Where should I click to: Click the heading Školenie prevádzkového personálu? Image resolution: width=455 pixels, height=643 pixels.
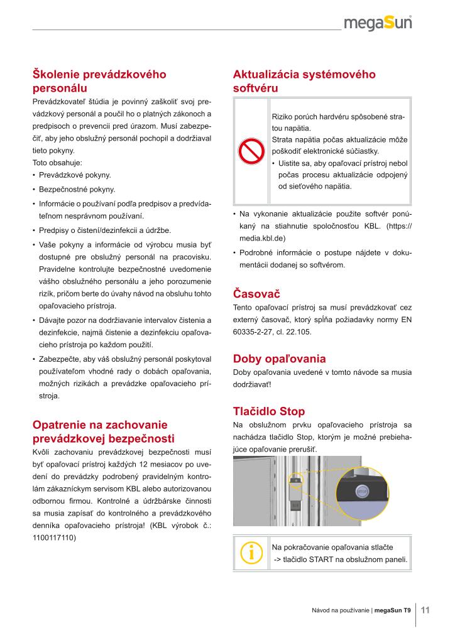(x=99, y=81)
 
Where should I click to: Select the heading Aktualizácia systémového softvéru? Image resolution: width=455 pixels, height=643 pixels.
(x=304, y=81)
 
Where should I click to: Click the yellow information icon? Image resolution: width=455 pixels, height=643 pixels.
(x=251, y=553)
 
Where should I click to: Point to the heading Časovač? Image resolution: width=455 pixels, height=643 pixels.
(x=256, y=293)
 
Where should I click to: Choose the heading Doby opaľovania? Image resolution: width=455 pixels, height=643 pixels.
(x=279, y=359)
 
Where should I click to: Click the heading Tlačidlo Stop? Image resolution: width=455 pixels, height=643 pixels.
(x=268, y=411)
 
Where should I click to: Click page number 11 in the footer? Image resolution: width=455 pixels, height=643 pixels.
(x=425, y=610)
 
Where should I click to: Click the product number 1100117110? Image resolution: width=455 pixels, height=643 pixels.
(x=53, y=538)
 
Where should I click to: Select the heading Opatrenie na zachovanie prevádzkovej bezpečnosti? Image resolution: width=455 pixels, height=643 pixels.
(x=103, y=431)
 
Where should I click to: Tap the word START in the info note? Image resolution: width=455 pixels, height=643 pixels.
(x=323, y=559)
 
